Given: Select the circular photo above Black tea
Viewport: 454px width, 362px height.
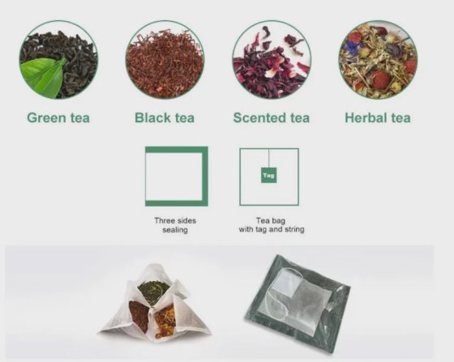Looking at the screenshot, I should [165, 59].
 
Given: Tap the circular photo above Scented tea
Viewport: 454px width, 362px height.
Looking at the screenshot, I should [272, 59].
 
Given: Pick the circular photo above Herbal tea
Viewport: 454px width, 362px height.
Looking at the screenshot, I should [378, 59].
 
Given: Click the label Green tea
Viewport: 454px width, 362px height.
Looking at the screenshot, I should [58, 117].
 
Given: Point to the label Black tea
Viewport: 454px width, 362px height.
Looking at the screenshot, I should [165, 117].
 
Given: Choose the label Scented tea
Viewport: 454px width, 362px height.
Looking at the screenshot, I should [272, 117].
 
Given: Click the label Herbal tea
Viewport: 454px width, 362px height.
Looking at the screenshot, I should [378, 117].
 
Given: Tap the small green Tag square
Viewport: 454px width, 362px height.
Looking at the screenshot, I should [268, 174].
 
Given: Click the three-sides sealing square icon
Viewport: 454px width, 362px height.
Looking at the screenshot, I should [176, 176].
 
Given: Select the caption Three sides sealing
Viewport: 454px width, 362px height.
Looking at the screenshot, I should [176, 224].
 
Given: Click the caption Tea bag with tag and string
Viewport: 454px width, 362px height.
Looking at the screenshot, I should [268, 224].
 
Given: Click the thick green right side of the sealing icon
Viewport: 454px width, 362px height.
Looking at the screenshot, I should [204, 176].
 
